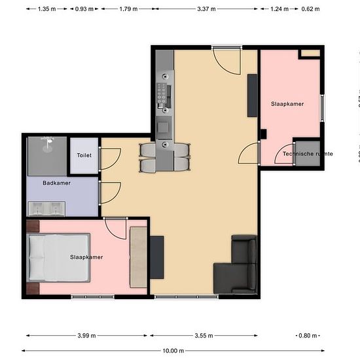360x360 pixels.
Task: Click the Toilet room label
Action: coord(84,156)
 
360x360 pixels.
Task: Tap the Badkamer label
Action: coord(56,183)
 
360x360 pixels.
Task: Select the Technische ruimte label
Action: coord(308,154)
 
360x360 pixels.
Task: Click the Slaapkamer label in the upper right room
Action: coord(287,104)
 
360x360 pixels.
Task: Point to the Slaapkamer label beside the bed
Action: coord(86,257)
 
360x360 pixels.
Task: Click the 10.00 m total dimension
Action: coord(173,351)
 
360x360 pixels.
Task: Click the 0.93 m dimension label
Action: coord(84,9)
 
